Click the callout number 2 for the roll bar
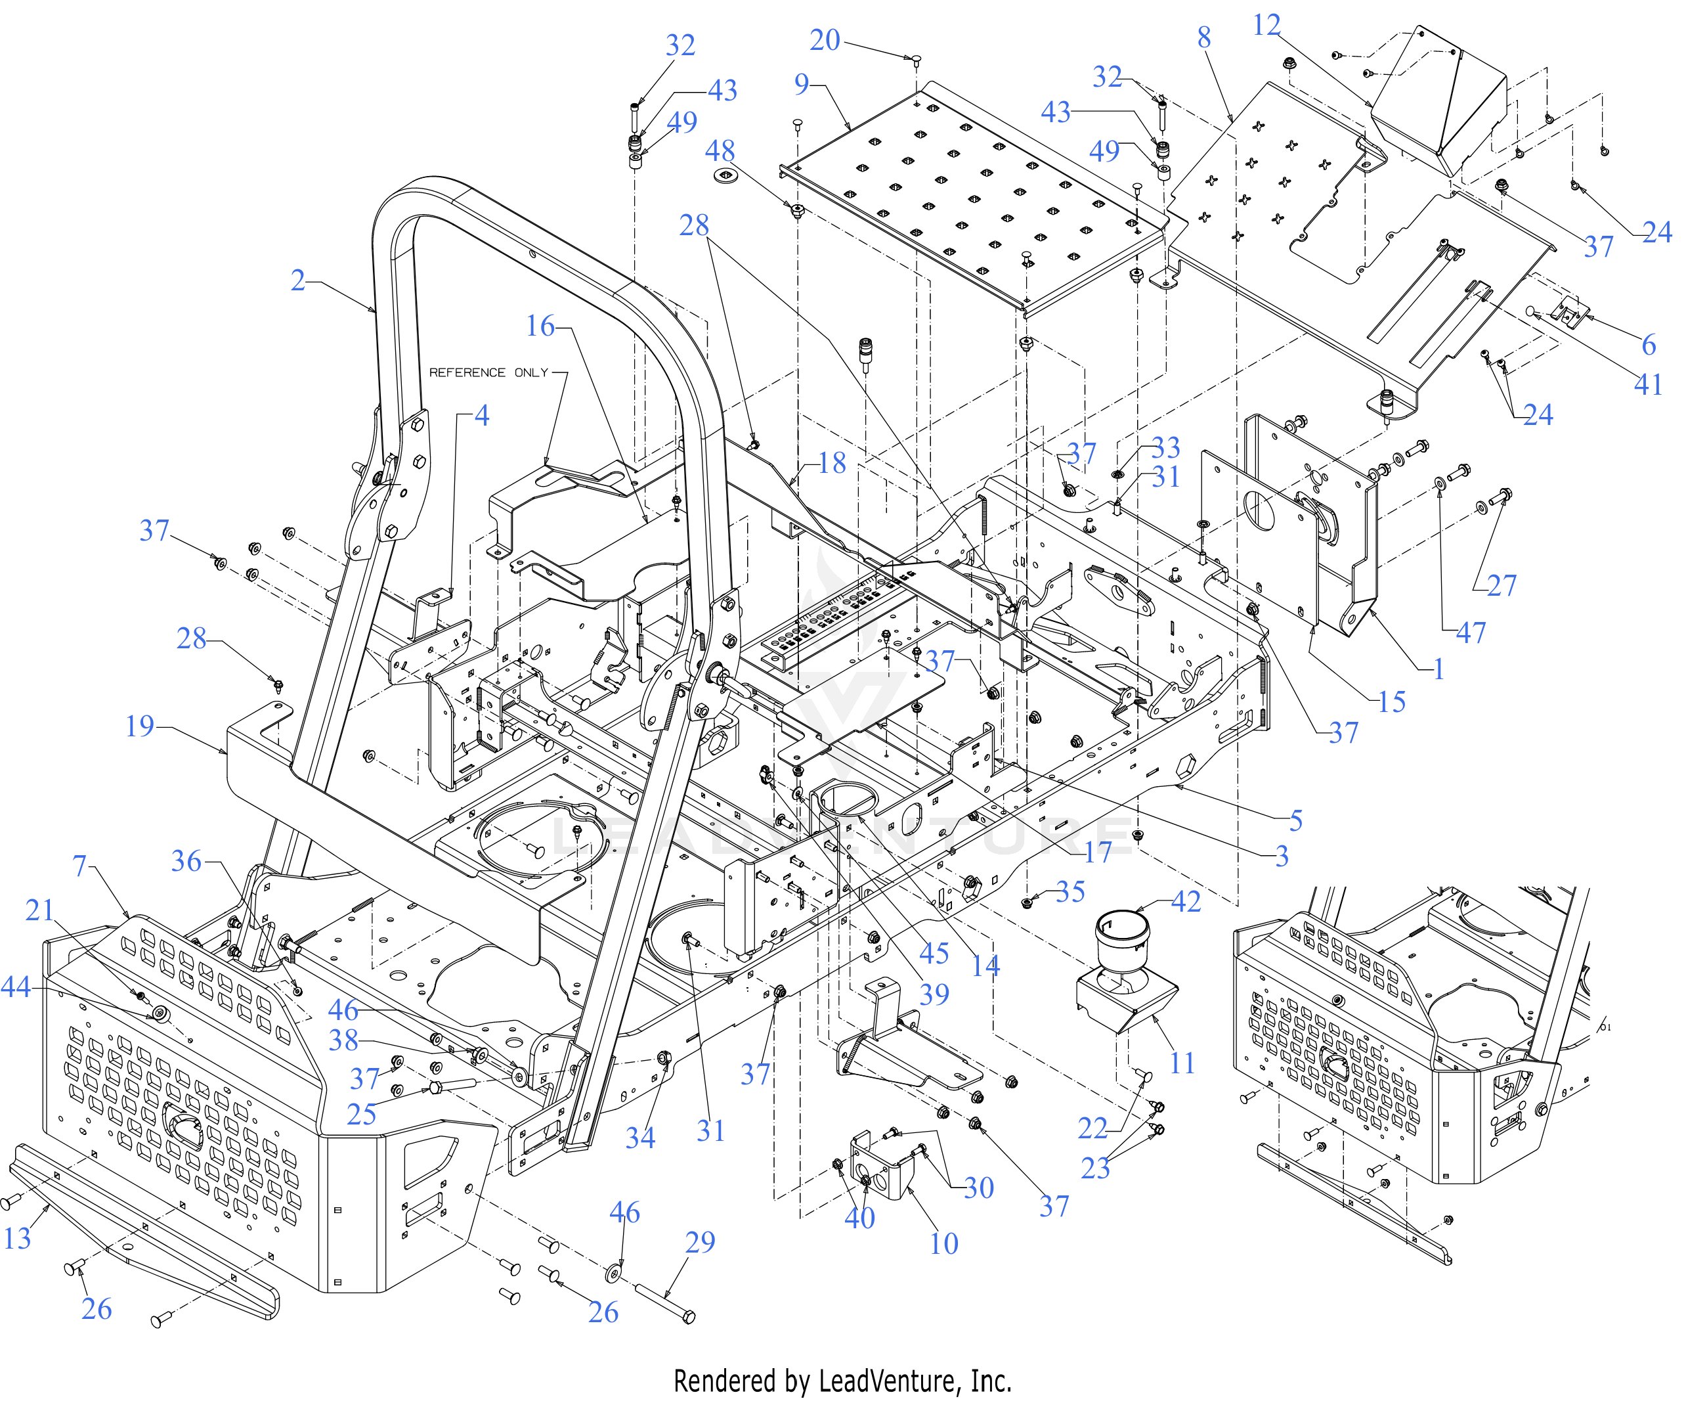(298, 280)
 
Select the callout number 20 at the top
(825, 40)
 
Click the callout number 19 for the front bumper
(140, 726)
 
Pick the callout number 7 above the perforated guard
(79, 866)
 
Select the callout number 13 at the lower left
(17, 1238)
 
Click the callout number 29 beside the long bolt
(699, 1242)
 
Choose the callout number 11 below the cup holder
(1182, 1063)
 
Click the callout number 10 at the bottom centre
(943, 1243)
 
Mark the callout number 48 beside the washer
(720, 151)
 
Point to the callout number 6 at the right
(1649, 345)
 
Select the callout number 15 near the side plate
(1391, 702)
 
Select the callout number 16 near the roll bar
(540, 326)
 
